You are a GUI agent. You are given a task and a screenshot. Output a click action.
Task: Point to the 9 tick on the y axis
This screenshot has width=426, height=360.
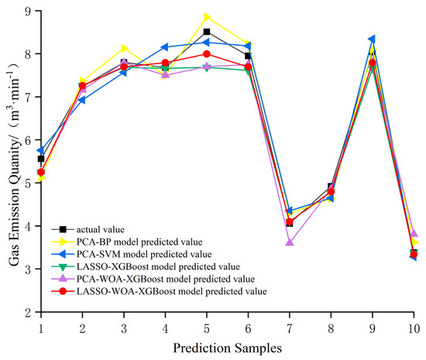[28, 12]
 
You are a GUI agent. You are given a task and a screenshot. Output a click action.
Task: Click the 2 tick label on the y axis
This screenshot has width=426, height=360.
[28, 312]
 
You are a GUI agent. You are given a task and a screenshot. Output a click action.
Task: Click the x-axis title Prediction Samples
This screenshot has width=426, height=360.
[228, 348]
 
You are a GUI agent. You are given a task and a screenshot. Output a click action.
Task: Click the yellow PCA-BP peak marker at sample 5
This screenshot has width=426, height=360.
[207, 17]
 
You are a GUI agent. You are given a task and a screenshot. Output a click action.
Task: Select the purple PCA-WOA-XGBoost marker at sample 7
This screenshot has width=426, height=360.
[290, 242]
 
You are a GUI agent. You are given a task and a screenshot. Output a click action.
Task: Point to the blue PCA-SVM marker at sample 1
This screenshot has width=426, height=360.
[40, 150]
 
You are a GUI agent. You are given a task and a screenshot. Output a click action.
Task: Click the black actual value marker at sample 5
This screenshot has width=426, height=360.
[207, 32]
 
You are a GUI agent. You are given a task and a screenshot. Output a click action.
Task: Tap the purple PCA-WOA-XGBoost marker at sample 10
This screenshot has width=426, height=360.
[414, 233]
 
